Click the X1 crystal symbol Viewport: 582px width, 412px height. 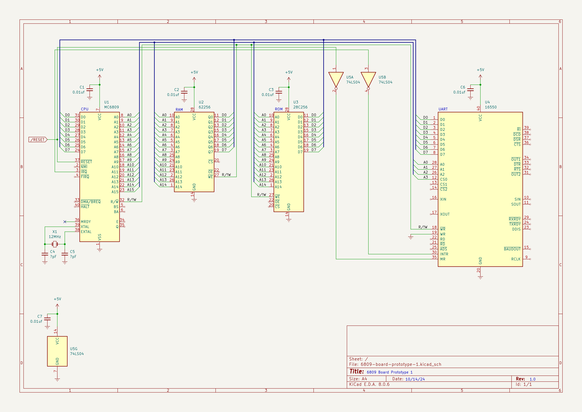[55, 244]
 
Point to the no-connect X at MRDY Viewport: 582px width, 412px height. [65, 222]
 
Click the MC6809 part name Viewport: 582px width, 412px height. [112, 107]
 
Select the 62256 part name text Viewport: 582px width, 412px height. [205, 107]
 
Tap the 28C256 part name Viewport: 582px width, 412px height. [300, 107]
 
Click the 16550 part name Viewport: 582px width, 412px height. [491, 107]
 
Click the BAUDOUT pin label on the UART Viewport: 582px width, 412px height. [512, 249]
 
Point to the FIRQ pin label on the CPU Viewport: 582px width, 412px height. [85, 177]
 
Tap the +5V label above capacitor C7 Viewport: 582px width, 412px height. [57, 299]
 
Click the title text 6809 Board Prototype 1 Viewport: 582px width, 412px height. [390, 372]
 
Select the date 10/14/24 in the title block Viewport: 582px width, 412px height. [415, 379]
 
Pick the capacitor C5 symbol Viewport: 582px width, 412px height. [65, 254]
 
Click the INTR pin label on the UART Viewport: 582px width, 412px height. [444, 254]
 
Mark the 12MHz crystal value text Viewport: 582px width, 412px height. [55, 237]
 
